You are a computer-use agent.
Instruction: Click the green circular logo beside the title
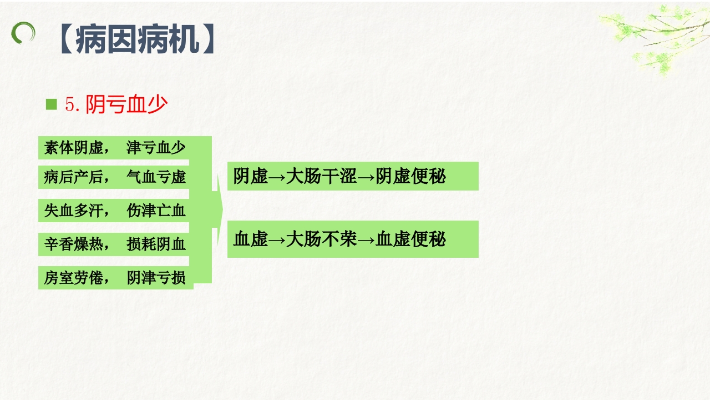[23, 33]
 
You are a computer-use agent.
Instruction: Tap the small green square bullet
[52, 104]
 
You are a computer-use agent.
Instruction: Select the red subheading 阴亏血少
[127, 104]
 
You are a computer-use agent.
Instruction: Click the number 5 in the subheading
[70, 104]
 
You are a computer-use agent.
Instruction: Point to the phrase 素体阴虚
[74, 148]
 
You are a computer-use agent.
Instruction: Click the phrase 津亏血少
[156, 148]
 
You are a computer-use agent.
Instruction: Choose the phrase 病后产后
[74, 177]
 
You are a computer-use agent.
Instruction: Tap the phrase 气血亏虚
[156, 177]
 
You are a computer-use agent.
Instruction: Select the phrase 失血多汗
[74, 211]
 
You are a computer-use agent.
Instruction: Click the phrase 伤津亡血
[156, 211]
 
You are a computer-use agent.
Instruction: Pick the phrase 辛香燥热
[74, 244]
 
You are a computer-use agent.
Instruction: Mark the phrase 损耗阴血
[156, 244]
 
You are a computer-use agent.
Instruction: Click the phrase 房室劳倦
[74, 278]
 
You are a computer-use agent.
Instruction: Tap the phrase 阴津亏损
[156, 278]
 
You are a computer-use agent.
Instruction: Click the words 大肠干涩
[321, 176]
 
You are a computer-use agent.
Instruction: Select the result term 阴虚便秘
[410, 176]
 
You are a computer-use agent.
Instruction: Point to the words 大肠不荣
[321, 239]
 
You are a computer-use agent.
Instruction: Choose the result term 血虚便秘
[410, 239]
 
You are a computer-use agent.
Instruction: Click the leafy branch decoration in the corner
[655, 36]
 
